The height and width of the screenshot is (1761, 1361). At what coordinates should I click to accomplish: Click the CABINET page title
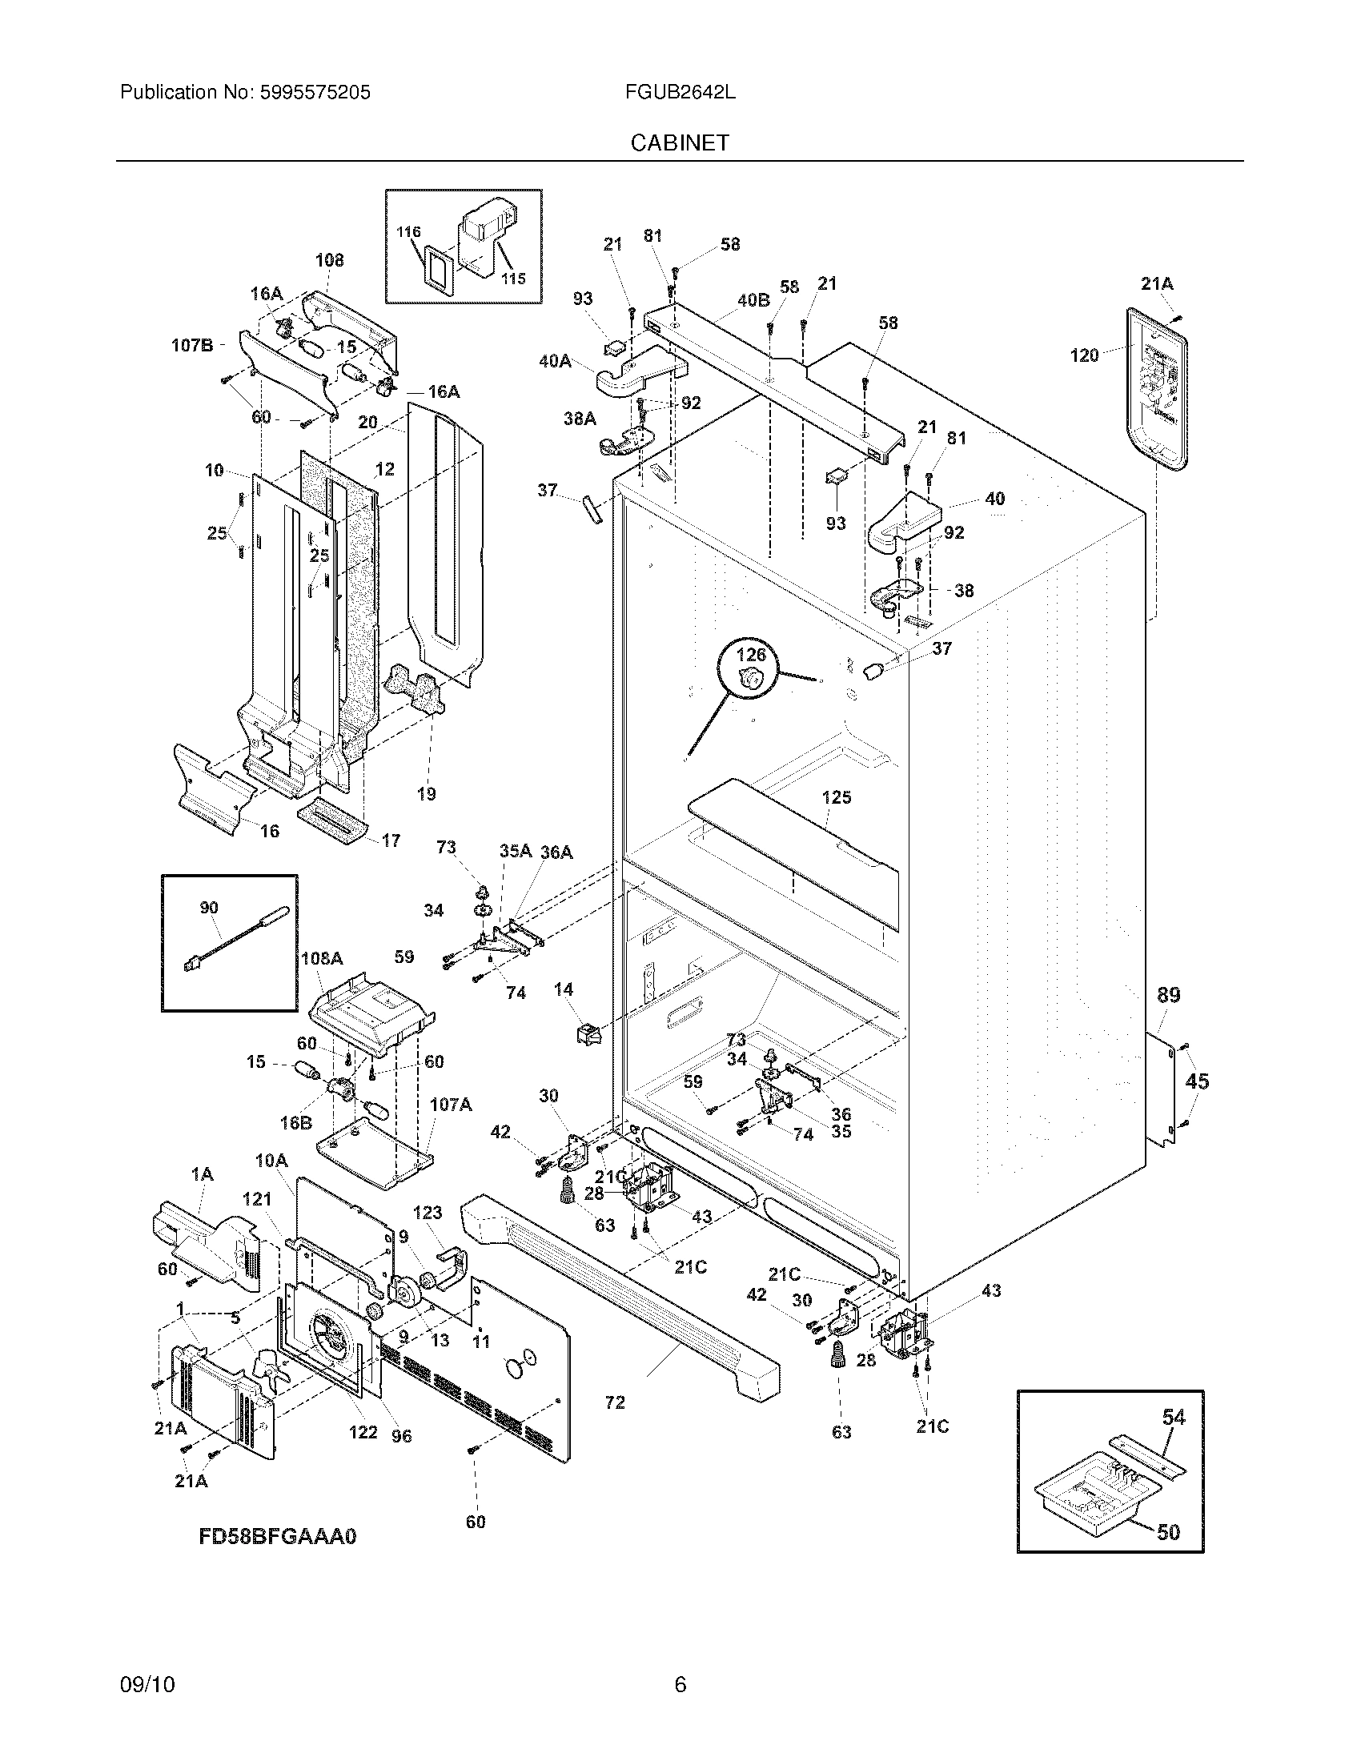[x=680, y=142]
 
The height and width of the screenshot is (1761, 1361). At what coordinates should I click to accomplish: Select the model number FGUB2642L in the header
[x=680, y=92]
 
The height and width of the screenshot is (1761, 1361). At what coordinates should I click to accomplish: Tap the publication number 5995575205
[x=315, y=92]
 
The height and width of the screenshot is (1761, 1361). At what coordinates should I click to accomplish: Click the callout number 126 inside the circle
[x=751, y=655]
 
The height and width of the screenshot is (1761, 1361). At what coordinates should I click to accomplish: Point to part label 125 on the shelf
[x=836, y=796]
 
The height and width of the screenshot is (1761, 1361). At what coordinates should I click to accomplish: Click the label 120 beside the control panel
[x=1084, y=355]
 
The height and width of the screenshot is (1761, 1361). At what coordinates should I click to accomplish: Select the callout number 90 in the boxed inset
[x=209, y=908]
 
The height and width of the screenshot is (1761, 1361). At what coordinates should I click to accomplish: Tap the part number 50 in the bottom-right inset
[x=1168, y=1531]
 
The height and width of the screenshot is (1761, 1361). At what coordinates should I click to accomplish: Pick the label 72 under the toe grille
[x=615, y=1402]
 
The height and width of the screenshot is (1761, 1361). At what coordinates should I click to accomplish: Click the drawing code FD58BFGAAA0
[x=276, y=1536]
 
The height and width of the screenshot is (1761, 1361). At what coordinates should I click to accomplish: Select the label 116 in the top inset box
[x=409, y=232]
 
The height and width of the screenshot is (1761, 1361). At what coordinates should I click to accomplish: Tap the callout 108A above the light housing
[x=321, y=958]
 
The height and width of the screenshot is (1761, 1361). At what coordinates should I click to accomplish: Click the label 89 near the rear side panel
[x=1168, y=995]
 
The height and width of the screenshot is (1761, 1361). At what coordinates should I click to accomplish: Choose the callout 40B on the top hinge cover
[x=753, y=300]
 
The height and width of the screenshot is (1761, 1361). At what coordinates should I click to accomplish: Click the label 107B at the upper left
[x=192, y=345]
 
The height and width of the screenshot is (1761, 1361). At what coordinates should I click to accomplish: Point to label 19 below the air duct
[x=426, y=793]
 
